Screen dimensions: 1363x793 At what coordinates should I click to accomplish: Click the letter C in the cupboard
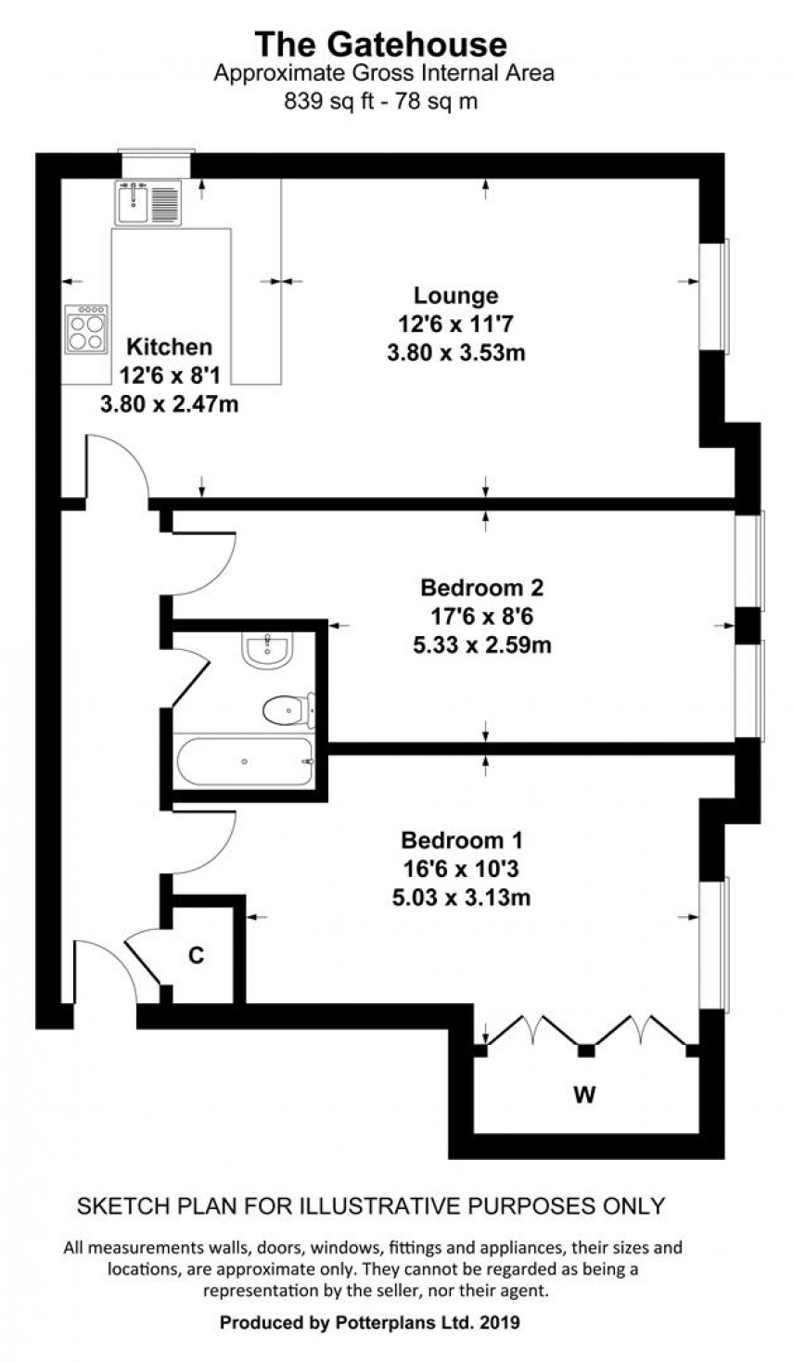point(197,956)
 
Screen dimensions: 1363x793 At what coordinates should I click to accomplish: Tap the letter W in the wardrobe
point(583,1095)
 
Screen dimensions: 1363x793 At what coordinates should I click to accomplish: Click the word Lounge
point(455,296)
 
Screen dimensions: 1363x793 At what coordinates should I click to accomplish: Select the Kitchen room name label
point(169,347)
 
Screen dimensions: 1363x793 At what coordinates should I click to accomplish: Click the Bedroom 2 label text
point(481,588)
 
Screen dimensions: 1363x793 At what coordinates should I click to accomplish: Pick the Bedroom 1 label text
point(462,841)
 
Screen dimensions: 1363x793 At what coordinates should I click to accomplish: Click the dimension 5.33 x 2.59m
point(481,644)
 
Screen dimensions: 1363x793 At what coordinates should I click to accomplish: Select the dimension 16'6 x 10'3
point(462,869)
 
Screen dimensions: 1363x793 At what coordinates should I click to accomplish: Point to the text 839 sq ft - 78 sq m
point(381,102)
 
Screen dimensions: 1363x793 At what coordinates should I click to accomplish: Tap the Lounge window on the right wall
point(714,296)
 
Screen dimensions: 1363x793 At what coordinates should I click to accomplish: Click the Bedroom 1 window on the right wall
point(714,942)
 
